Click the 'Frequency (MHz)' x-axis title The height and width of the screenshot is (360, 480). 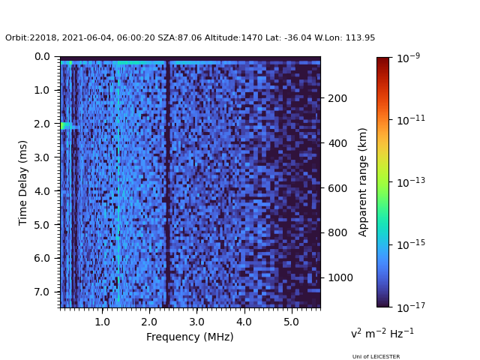(x=190, y=337)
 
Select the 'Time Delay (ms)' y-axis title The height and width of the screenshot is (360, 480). (x=23, y=182)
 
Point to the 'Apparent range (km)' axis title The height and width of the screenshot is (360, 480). (x=363, y=181)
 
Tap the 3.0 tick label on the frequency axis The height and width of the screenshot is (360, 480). (x=196, y=322)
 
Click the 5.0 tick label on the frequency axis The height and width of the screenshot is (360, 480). (x=291, y=322)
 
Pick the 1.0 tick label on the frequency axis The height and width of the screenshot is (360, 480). (x=102, y=322)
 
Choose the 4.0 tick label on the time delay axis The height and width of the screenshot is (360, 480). (x=42, y=191)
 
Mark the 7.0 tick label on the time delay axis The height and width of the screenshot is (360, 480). (x=42, y=292)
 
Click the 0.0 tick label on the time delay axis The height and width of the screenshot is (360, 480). (x=42, y=56)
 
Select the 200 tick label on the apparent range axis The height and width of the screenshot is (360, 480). (x=337, y=98)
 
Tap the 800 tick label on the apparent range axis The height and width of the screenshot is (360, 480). (x=337, y=232)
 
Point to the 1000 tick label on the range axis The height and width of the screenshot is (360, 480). (x=340, y=277)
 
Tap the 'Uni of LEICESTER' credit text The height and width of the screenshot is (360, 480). (x=376, y=357)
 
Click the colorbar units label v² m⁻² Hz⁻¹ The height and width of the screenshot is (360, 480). (x=382, y=333)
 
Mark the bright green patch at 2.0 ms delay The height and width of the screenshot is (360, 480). (x=64, y=125)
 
